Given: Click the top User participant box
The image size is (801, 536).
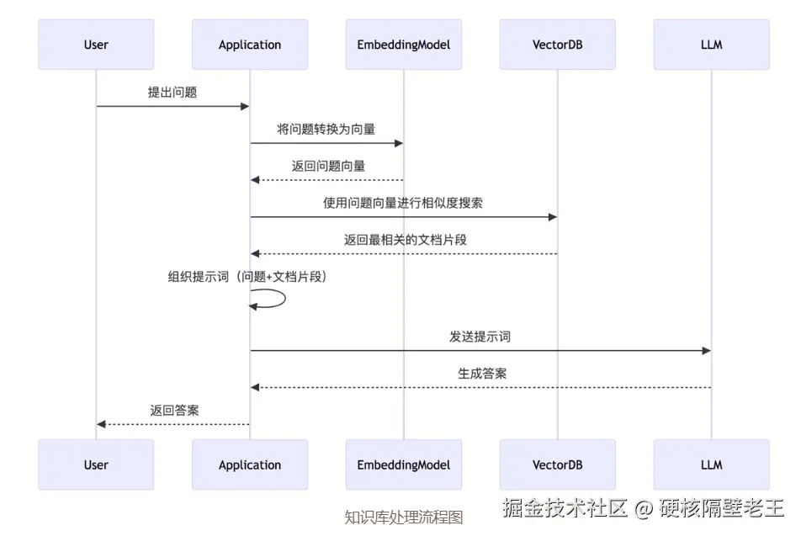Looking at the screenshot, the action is coord(96,45).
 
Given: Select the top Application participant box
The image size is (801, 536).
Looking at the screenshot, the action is coord(250,45).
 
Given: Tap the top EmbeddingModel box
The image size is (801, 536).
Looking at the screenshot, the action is coord(404,45).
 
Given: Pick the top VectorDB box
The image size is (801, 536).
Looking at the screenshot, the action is coord(557,45).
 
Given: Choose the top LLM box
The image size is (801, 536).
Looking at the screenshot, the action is coord(712,45).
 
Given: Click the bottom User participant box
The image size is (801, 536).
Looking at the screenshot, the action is coord(96,464).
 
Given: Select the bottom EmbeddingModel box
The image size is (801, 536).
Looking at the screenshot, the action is coord(404,464).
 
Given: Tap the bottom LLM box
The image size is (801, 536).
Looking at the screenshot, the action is coord(712,464).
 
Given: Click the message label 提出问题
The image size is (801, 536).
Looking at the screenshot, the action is coord(172,93).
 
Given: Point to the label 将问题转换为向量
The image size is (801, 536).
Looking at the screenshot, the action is coord(326,130).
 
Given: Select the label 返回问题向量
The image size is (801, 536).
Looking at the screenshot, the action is coord(328,166).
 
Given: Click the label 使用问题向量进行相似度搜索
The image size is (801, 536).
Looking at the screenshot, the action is coord(403,203).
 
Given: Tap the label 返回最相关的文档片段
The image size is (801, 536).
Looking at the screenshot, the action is coord(405,240).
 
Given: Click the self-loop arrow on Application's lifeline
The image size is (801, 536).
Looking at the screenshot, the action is coord(285,299).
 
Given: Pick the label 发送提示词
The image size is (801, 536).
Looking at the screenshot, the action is coord(480,337).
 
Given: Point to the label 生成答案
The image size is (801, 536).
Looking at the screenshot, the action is coord(482,374).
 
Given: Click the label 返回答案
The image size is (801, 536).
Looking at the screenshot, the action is coord(175,411).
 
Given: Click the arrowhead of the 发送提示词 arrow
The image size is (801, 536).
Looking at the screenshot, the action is coord(707,351).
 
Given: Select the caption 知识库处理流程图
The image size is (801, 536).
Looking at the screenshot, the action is coord(404,517).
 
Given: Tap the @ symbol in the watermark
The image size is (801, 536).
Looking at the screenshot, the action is coord(644,508).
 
